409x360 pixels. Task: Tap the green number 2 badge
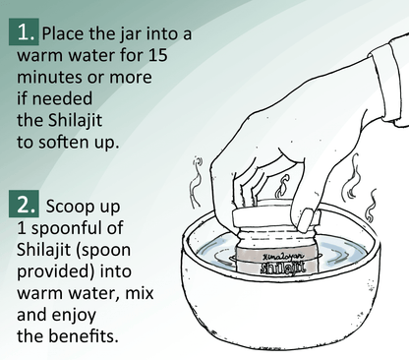23,207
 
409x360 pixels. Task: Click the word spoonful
79,229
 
